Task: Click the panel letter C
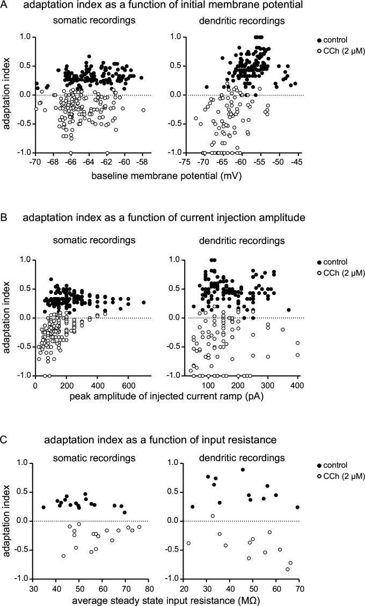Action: [5, 440]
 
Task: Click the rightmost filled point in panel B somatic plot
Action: [143, 302]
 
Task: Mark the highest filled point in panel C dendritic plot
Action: [243, 469]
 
